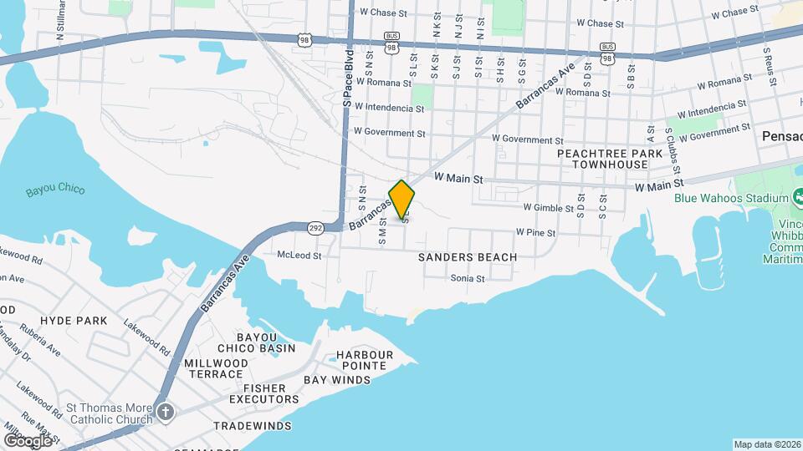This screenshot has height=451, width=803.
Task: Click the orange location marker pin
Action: click(401, 200)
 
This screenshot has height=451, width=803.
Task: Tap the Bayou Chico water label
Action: click(55, 190)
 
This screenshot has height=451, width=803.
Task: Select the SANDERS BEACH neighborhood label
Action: click(468, 257)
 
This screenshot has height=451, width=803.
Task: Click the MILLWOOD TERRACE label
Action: click(216, 369)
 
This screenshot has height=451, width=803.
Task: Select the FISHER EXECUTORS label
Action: click(263, 394)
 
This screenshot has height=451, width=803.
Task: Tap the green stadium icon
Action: click(797, 198)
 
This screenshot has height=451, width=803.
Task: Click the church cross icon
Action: click(166, 412)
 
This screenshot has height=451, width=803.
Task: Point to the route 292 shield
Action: click(315, 226)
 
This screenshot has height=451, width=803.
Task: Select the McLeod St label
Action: click(299, 256)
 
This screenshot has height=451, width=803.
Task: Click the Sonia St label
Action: click(468, 279)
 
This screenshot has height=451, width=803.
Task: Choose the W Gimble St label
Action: click(547, 207)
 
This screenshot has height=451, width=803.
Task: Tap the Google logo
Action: click(27, 439)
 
